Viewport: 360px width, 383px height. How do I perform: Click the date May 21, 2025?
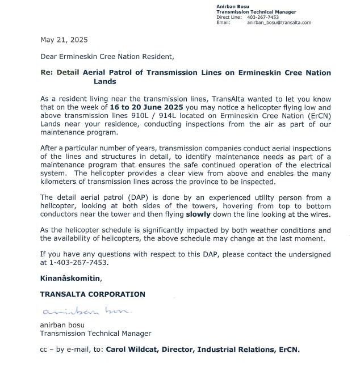[64, 40]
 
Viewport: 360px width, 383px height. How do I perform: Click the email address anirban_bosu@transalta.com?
[279, 22]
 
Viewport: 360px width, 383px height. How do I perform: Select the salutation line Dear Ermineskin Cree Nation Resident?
[107, 57]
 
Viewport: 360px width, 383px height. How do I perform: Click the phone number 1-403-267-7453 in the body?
[74, 263]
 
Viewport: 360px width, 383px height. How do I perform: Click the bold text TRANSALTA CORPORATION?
[93, 294]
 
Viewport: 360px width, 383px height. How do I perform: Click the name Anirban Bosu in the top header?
[229, 6]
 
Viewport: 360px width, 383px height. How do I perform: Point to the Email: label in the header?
[223, 22]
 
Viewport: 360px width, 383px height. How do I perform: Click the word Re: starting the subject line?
[47, 73]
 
